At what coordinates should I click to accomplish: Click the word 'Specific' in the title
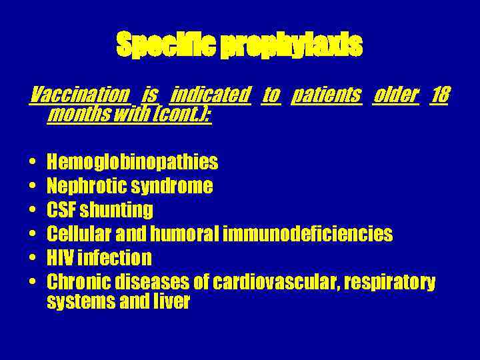coord(166,46)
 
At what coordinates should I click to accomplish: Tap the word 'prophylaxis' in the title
coord(291,46)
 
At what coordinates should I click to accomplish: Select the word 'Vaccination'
coord(80,95)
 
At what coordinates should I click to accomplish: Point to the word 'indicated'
coord(211,95)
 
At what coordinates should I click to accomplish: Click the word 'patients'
coord(327,95)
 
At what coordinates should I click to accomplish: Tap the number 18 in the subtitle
coord(439,95)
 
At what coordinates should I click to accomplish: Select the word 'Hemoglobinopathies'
coord(133,162)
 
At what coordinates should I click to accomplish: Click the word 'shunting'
coord(116,211)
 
